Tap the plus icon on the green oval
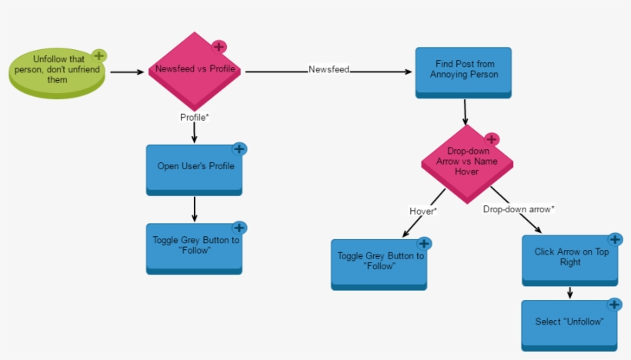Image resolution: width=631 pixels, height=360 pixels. click(99, 55)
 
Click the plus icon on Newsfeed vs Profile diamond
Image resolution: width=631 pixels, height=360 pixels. click(219, 47)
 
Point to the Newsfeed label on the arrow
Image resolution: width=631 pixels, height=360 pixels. click(329, 70)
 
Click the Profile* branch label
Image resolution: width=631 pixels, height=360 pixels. click(195, 117)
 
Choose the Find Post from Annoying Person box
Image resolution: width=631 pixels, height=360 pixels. click(463, 71)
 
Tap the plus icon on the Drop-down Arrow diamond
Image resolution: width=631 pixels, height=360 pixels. click(492, 139)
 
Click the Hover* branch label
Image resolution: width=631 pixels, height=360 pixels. click(423, 210)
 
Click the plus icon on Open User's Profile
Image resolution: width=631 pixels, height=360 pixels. click(239, 149)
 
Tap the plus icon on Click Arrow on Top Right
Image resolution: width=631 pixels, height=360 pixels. click(614, 240)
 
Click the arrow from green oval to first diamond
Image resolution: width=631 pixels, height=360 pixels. click(128, 72)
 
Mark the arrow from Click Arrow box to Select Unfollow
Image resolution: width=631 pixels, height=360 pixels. click(569, 292)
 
